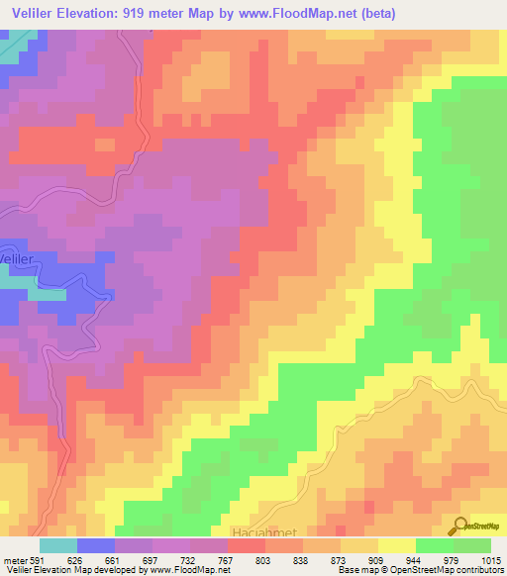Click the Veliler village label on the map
[x=20, y=257]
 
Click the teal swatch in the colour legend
[x=58, y=544]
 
